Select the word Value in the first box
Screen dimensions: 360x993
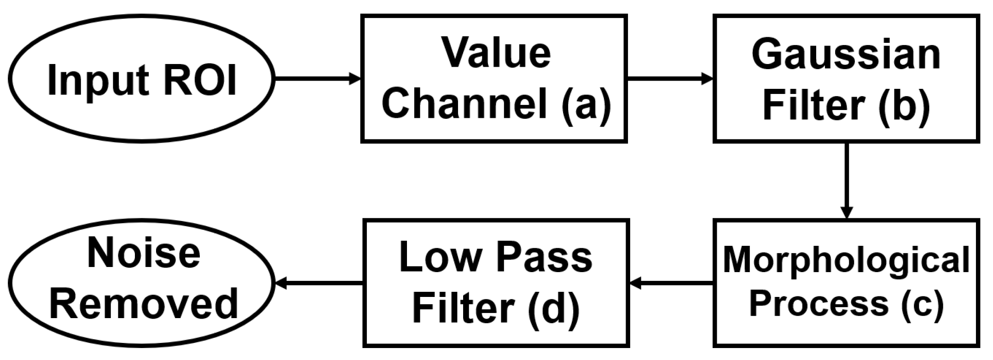pyautogui.click(x=496, y=53)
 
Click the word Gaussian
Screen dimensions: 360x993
pyautogui.click(x=846, y=55)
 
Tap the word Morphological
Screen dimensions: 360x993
pyautogui.click(x=846, y=261)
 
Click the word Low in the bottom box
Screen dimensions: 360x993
pyautogui.click(x=439, y=257)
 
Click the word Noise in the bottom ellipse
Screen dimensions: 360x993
pyautogui.click(x=144, y=253)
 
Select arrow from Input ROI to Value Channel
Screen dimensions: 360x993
pyautogui.click(x=318, y=79)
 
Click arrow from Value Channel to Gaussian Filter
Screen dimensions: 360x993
pyautogui.click(x=670, y=79)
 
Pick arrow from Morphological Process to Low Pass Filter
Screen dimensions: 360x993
pyautogui.click(x=671, y=283)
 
